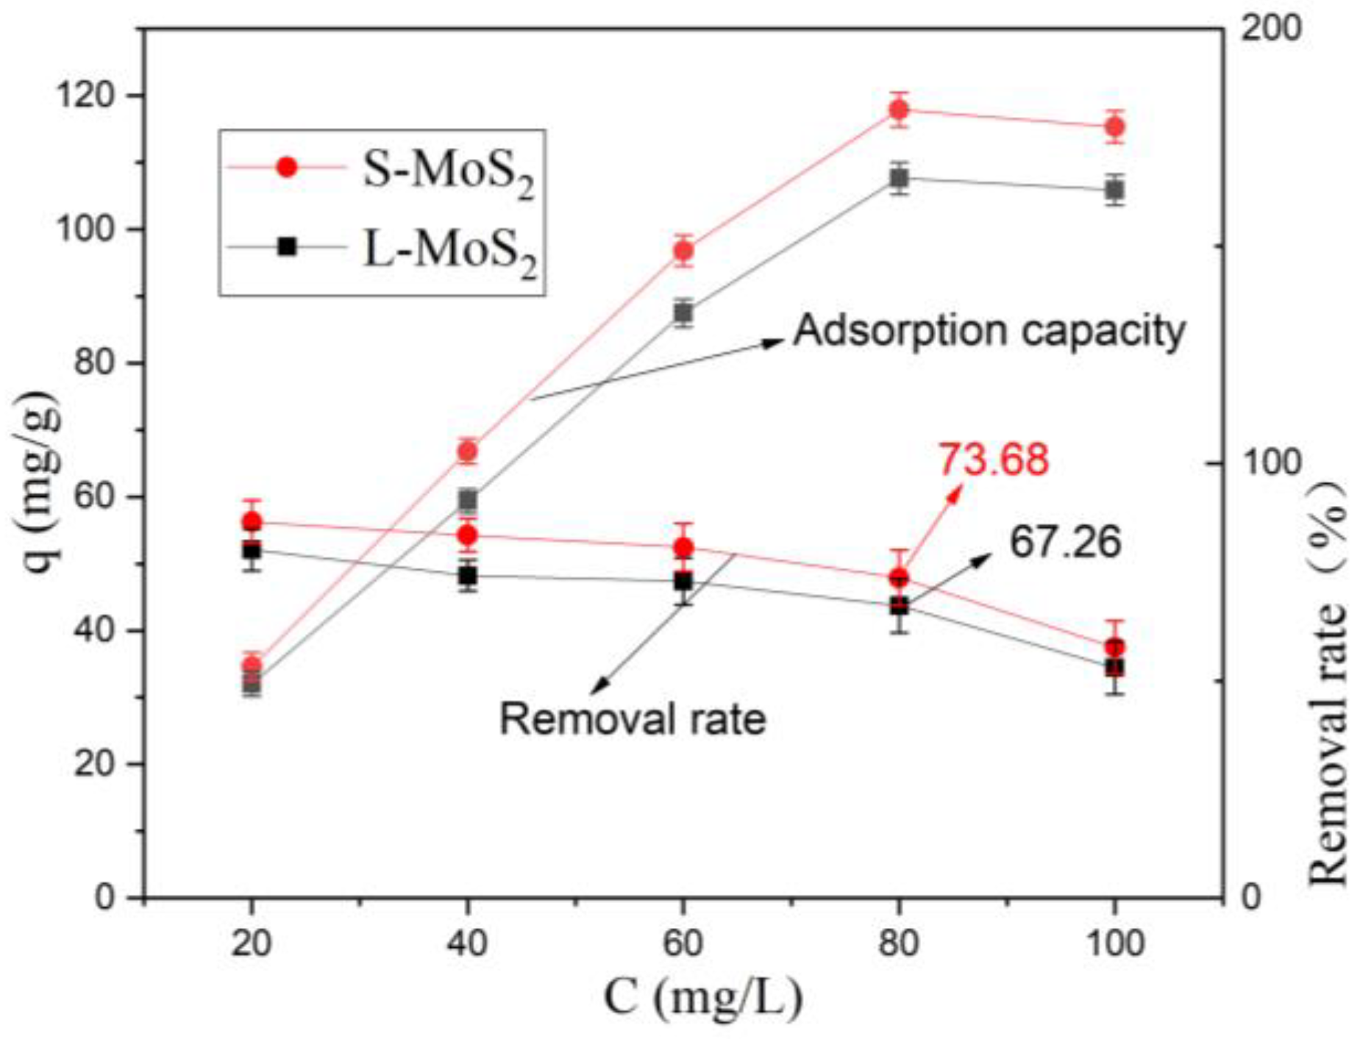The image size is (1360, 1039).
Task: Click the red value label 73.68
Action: [x=992, y=460]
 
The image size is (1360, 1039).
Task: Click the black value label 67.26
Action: [x=1064, y=543]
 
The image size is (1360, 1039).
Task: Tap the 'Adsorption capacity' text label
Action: [x=989, y=331]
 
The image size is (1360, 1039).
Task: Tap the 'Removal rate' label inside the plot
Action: [x=633, y=718]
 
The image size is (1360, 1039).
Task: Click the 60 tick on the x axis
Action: [x=683, y=943]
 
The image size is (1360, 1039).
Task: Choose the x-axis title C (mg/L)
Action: [x=703, y=999]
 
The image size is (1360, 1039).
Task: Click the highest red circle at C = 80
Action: [x=898, y=110]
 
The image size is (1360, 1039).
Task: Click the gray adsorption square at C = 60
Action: [x=683, y=313]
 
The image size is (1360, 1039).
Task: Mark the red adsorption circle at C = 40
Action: [x=468, y=451]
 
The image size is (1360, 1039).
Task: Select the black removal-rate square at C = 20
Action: [x=252, y=550]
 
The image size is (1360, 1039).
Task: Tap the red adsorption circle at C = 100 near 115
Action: [x=1114, y=127]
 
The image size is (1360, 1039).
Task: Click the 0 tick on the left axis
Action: [x=106, y=898]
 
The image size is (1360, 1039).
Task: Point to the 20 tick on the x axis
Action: [x=252, y=943]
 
